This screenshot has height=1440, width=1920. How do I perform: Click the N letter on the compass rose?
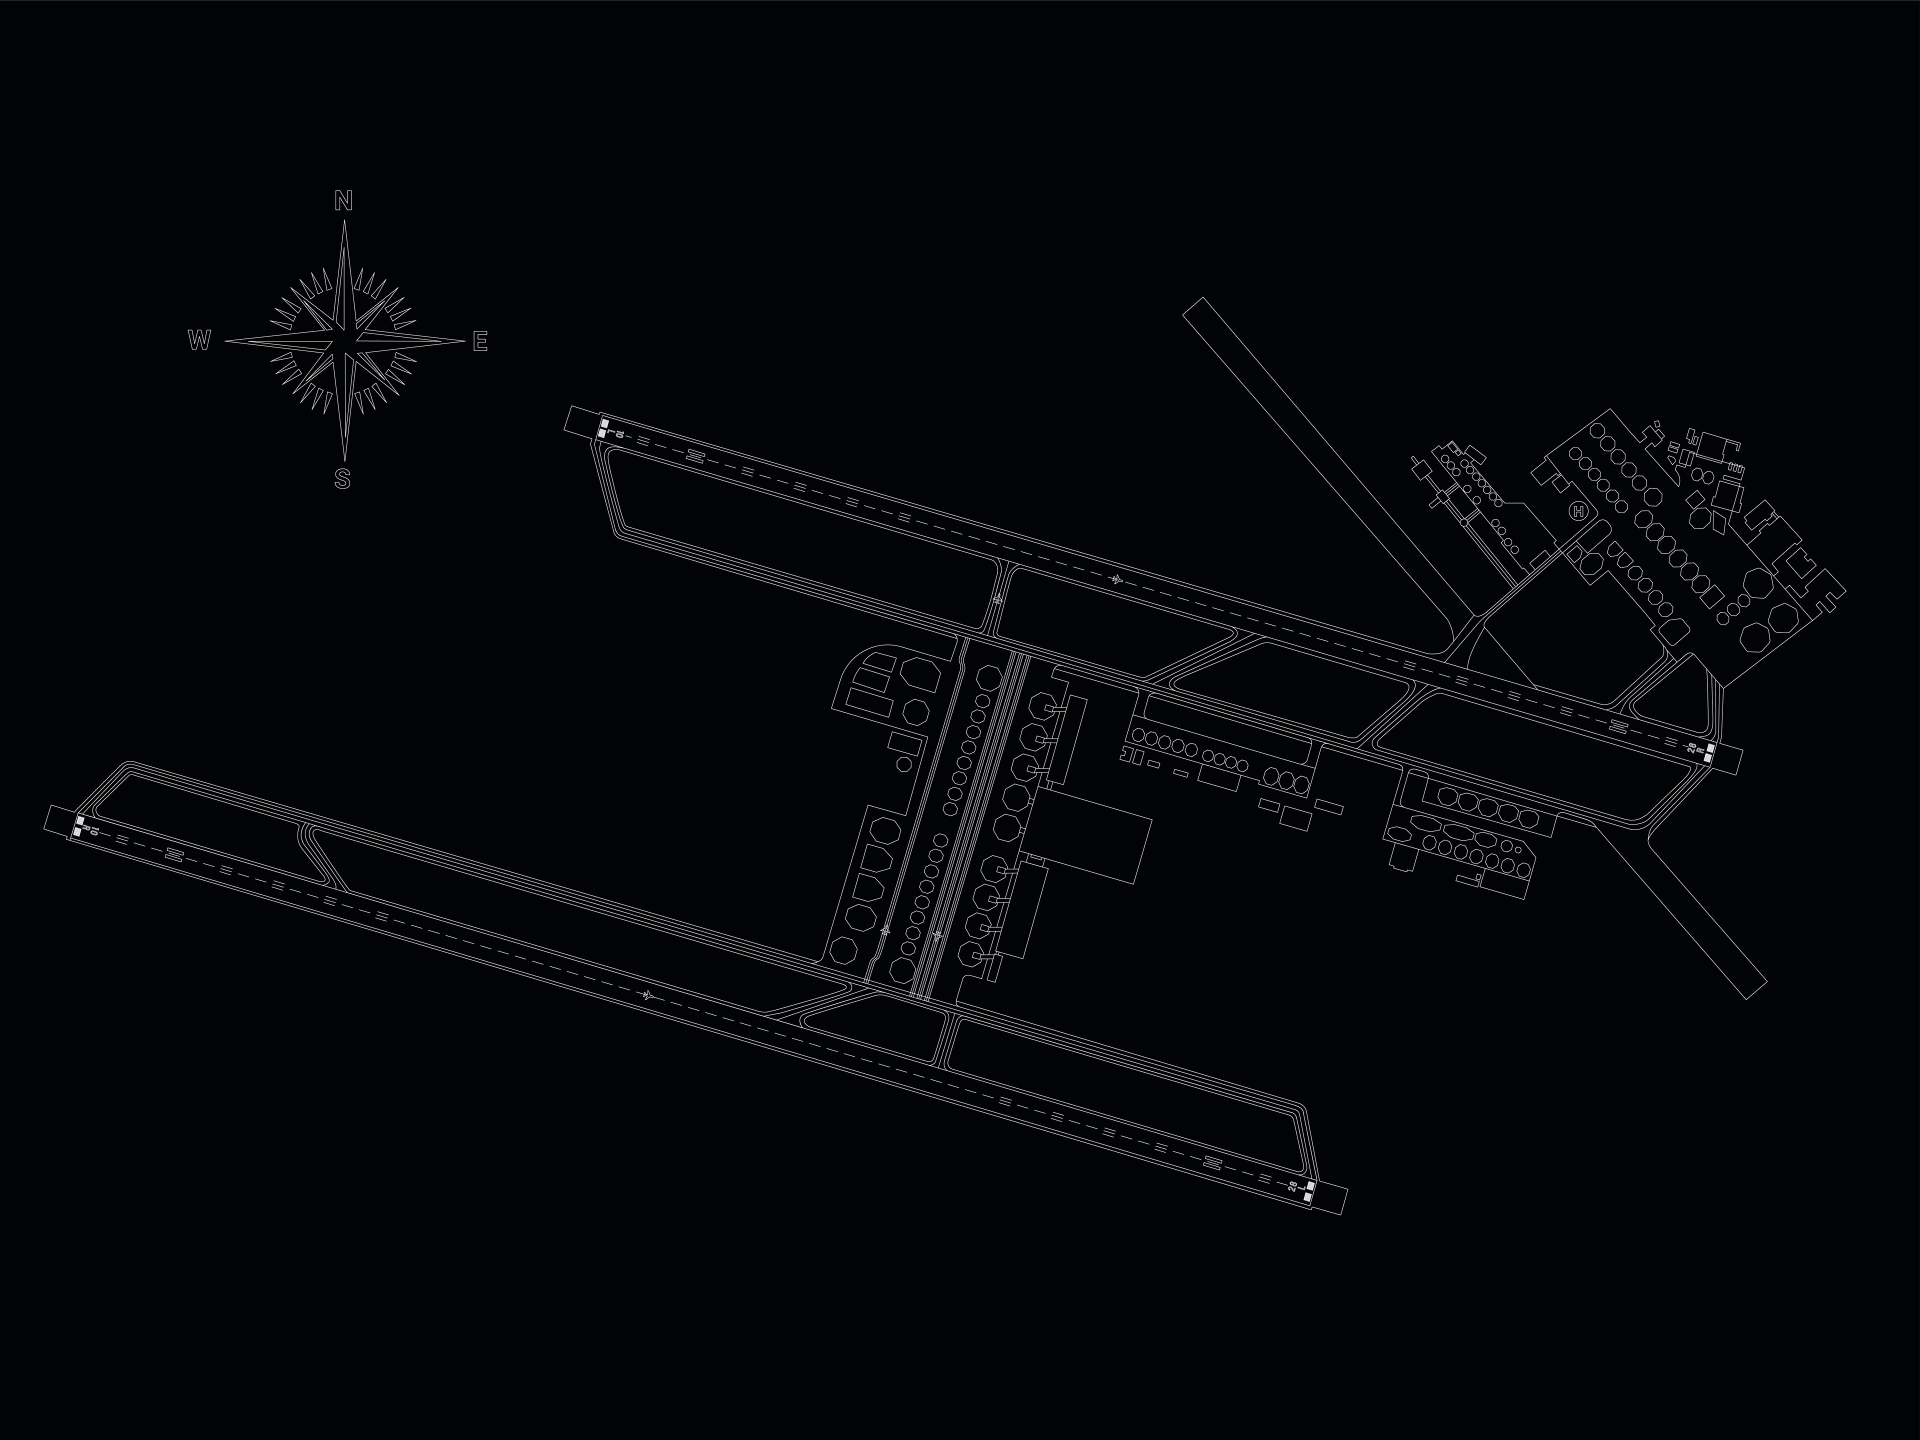tap(343, 201)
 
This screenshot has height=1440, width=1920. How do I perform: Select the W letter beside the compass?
tap(199, 341)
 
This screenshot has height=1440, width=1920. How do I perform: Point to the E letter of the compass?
tap(480, 342)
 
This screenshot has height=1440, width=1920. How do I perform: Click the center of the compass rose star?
tap(344, 340)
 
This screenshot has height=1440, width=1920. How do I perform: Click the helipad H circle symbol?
tap(1578, 511)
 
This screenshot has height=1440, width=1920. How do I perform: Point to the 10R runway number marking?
tap(93, 831)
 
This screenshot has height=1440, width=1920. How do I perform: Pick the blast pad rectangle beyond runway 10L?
tap(580, 421)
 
